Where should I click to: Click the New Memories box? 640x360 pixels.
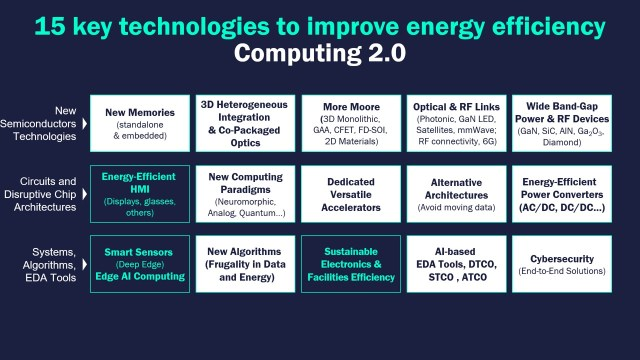[x=140, y=123]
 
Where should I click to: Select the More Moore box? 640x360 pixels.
[x=351, y=123]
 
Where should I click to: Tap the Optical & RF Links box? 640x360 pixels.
[x=456, y=123]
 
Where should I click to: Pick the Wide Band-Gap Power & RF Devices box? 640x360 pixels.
[x=562, y=123]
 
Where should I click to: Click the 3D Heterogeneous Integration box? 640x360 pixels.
[x=245, y=123]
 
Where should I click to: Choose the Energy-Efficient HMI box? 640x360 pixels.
[x=140, y=194]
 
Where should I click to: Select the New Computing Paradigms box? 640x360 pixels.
[x=245, y=194]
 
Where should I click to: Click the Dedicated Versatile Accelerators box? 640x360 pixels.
[x=351, y=194]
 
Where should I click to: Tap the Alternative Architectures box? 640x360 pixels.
[x=456, y=194]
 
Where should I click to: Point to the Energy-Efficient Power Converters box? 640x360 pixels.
[x=562, y=194]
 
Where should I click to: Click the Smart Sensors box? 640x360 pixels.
[x=140, y=264]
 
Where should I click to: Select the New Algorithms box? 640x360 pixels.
[x=245, y=264]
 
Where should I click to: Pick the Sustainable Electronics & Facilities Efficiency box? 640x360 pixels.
[x=351, y=264]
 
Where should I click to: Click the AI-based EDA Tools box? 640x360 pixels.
[x=456, y=264]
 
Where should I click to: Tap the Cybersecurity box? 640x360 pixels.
[x=562, y=264]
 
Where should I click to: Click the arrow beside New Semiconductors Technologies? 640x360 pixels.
[x=84, y=123]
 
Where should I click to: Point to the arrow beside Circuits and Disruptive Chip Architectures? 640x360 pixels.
[x=84, y=194]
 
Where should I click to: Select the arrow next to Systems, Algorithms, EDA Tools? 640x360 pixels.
[x=84, y=264]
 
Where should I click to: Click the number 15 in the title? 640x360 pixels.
[x=50, y=26]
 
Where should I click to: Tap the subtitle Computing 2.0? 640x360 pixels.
[x=320, y=53]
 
